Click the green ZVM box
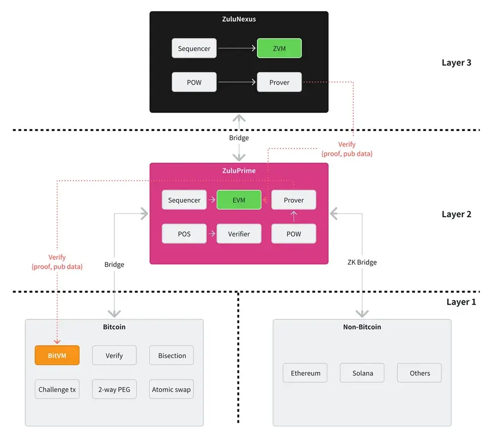(279, 48)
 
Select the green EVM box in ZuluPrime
(239, 200)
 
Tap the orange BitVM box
(57, 355)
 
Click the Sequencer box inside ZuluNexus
(194, 48)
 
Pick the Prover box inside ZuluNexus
(279, 82)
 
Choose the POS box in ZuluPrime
(184, 233)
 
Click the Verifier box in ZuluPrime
(239, 233)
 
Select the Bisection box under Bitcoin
(172, 356)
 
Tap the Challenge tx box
(57, 389)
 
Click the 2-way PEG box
(114, 389)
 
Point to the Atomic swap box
(171, 389)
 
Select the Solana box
(362, 373)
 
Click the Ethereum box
(305, 373)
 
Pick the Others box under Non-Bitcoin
(419, 373)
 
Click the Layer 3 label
(456, 63)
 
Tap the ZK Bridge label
(362, 262)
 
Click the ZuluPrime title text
(239, 171)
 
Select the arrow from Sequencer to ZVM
(237, 48)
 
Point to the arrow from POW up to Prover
(294, 216)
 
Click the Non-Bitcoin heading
(362, 327)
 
